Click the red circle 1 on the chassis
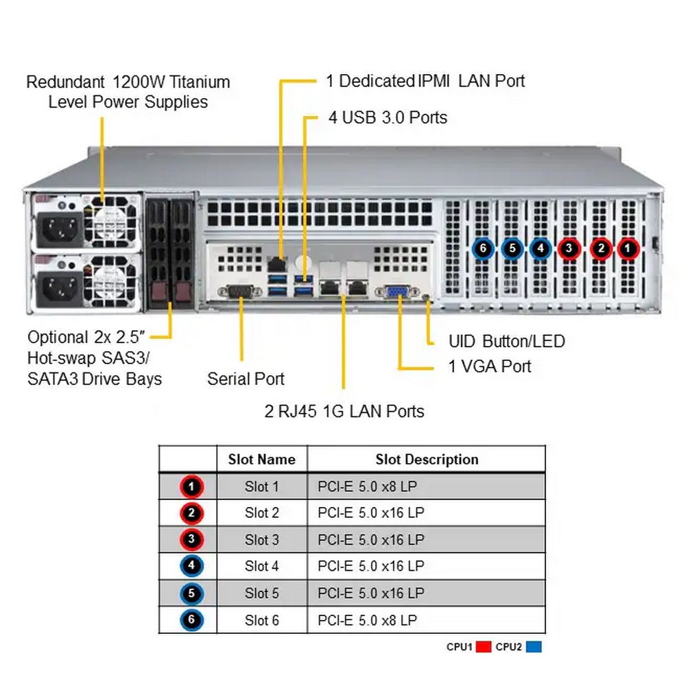pyautogui.click(x=628, y=248)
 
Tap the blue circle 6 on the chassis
pyautogui.click(x=483, y=248)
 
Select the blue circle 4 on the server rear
pyautogui.click(x=541, y=248)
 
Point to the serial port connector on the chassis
pyautogui.click(x=240, y=292)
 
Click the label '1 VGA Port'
pyautogui.click(x=489, y=366)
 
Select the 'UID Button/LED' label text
pyautogui.click(x=506, y=341)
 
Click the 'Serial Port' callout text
pyautogui.click(x=246, y=379)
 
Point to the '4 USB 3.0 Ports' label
pyautogui.click(x=388, y=118)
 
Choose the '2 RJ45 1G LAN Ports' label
pyautogui.click(x=344, y=412)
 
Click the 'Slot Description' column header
pyautogui.click(x=427, y=460)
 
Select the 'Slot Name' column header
pyautogui.click(x=261, y=460)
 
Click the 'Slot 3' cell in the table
pyautogui.click(x=261, y=540)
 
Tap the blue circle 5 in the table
pyautogui.click(x=191, y=593)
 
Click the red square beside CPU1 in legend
pyautogui.click(x=484, y=646)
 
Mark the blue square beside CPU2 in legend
pyautogui.click(x=534, y=646)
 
